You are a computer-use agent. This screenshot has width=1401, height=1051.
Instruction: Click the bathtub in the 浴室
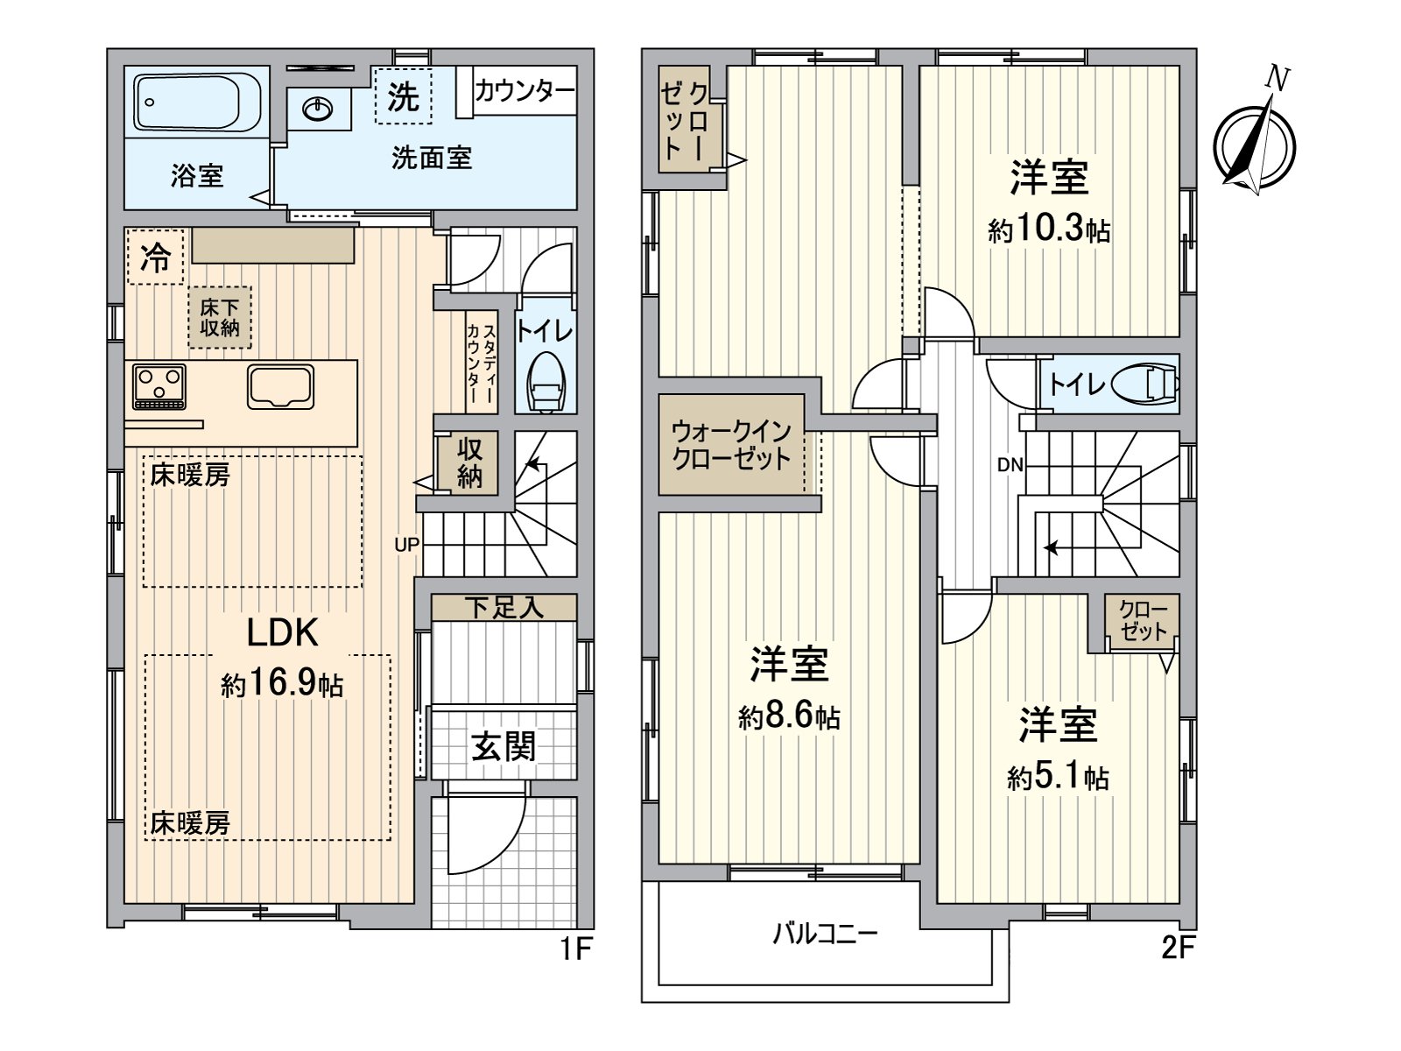(198, 102)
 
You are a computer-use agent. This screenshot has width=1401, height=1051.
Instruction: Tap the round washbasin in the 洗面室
(317, 109)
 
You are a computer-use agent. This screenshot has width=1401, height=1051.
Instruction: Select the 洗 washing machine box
(403, 96)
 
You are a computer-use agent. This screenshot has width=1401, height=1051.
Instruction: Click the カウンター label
(524, 90)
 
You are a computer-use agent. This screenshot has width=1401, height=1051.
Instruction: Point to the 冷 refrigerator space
(156, 257)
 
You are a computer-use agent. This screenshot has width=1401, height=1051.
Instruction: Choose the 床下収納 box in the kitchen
(220, 317)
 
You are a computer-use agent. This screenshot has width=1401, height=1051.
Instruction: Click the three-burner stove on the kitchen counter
(159, 386)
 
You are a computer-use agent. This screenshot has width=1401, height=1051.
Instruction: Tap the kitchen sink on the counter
(280, 386)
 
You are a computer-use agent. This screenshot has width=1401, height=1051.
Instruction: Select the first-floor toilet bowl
(546, 383)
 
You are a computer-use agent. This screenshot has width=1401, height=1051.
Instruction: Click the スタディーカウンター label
(481, 363)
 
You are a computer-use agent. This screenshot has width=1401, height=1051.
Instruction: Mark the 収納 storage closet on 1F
(469, 462)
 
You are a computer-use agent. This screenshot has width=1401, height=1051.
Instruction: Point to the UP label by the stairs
(406, 545)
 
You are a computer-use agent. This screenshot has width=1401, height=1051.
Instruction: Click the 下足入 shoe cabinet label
(503, 607)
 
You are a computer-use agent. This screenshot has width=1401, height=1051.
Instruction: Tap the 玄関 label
(503, 747)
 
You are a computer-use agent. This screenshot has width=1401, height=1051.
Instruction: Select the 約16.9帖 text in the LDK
(282, 684)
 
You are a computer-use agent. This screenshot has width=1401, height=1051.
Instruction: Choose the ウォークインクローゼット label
(731, 445)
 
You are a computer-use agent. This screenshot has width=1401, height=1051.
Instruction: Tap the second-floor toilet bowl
(1144, 384)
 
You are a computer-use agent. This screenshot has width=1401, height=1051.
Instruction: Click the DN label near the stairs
(1010, 466)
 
